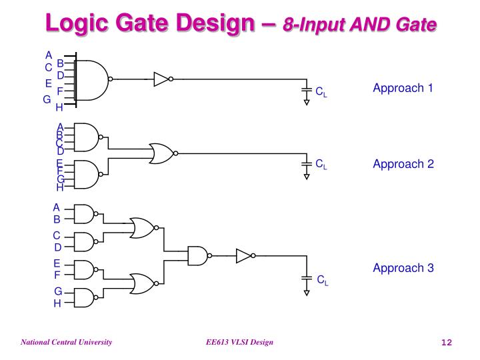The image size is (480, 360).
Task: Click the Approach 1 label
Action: [x=403, y=88]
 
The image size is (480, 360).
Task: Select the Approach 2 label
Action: [x=403, y=164]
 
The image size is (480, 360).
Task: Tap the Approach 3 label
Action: [x=403, y=268]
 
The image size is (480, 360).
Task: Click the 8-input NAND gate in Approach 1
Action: [x=93, y=79]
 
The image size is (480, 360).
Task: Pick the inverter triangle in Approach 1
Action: [x=161, y=79]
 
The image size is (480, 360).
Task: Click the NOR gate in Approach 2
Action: [x=161, y=153]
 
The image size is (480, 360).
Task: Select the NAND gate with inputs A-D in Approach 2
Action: [x=87, y=138]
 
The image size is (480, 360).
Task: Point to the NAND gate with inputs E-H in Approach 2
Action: [x=87, y=175]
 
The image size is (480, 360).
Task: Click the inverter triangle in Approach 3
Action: [x=244, y=255]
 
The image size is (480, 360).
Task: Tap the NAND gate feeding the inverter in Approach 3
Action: [x=197, y=255]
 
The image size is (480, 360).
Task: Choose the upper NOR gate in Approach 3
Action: [x=141, y=228]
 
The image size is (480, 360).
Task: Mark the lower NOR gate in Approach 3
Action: [x=141, y=283]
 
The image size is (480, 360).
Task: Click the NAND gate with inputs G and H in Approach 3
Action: [x=83, y=297]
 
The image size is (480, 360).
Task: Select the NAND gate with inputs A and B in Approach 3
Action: [x=83, y=214]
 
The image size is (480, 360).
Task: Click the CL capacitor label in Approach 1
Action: [x=321, y=92]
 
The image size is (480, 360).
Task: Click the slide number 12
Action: [x=447, y=343]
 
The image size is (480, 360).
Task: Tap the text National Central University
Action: [x=66, y=342]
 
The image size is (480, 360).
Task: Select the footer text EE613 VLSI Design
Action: [x=239, y=342]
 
